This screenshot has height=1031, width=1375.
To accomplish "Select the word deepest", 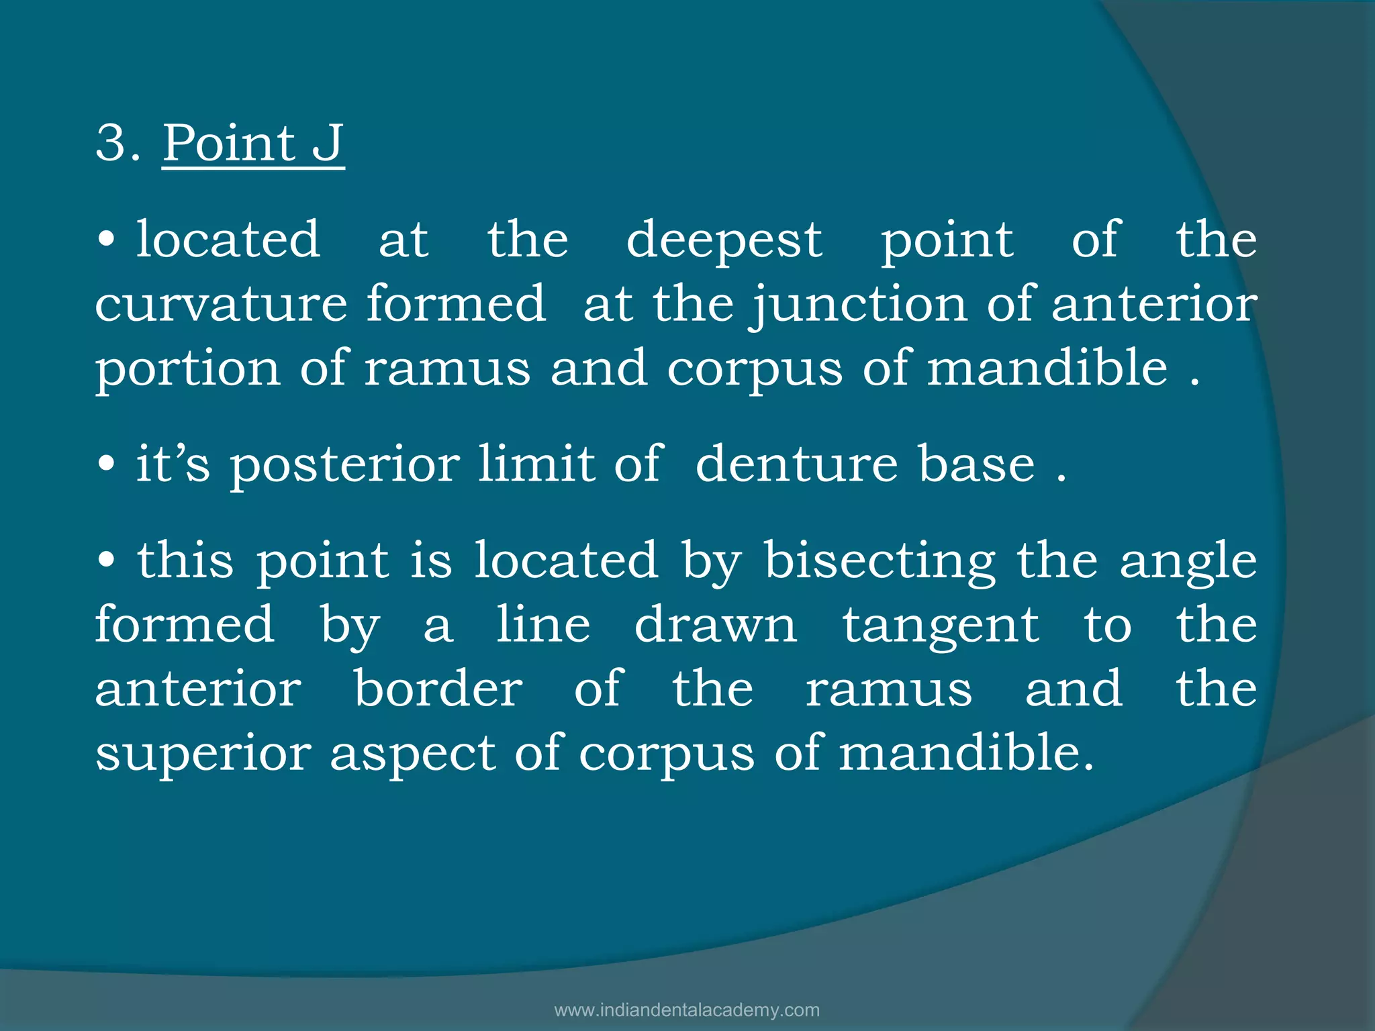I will click(724, 240).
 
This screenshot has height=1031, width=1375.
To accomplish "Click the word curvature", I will click(221, 303).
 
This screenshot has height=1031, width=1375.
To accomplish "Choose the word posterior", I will click(344, 464).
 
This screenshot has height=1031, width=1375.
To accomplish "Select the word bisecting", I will click(880, 560).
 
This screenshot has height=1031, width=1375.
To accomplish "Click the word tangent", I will click(941, 625).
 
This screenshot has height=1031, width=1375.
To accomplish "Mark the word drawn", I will click(716, 624).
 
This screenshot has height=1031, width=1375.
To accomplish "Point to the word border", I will click(438, 689).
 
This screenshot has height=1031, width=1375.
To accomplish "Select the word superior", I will click(203, 754).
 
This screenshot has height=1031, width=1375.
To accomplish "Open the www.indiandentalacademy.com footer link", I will click(687, 1010).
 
